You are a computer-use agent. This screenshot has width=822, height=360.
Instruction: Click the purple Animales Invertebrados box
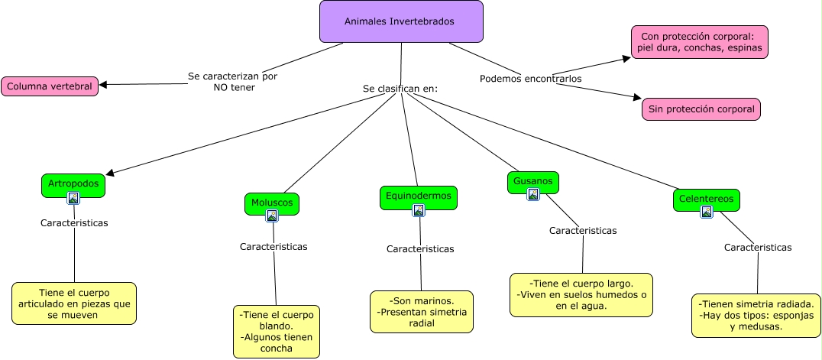click(x=401, y=21)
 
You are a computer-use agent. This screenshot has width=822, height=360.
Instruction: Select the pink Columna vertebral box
click(x=50, y=86)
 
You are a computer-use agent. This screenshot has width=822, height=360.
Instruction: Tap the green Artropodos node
click(x=73, y=184)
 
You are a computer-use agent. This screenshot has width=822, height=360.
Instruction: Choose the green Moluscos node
click(x=272, y=203)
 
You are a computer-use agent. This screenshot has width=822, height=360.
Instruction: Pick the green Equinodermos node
click(x=418, y=196)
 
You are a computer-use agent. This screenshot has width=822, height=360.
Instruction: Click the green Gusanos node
click(x=532, y=182)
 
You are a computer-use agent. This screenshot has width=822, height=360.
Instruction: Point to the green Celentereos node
click(x=706, y=199)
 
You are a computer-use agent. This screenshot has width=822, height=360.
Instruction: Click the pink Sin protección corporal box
click(x=701, y=109)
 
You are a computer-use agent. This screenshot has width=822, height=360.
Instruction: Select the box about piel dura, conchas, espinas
click(x=699, y=42)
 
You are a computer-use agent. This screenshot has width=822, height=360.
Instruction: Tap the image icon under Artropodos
click(x=73, y=199)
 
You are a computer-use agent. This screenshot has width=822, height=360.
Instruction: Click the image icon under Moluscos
click(x=272, y=216)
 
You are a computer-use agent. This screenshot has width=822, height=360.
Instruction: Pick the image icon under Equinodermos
click(x=419, y=210)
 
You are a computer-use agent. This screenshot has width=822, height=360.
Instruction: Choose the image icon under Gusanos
click(x=533, y=194)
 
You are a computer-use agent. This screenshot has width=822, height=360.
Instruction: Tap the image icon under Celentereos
click(x=707, y=212)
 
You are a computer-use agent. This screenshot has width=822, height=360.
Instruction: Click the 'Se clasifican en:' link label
click(x=400, y=89)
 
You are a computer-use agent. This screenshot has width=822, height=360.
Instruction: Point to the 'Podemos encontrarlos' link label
click(x=530, y=79)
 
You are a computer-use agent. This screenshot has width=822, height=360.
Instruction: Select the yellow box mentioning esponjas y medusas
click(x=756, y=315)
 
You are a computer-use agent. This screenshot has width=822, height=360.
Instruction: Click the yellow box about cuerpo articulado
click(x=74, y=303)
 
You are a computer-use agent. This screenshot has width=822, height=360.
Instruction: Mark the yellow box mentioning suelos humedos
click(x=581, y=294)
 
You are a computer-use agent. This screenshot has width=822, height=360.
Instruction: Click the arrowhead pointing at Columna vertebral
click(x=104, y=85)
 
